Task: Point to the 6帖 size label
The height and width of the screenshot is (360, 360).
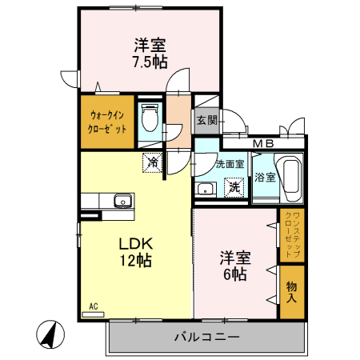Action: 235,274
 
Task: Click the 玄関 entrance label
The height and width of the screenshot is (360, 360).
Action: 206,121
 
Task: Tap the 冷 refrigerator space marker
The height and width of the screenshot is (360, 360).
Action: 152,162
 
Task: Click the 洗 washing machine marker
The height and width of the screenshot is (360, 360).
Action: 234,188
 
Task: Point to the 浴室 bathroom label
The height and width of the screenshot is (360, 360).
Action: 265,177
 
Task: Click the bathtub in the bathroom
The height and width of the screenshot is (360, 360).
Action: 290,177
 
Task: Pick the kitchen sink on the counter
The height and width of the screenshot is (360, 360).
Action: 122,201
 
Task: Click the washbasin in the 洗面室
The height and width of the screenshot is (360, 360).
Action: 205,190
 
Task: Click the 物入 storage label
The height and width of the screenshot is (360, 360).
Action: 292,292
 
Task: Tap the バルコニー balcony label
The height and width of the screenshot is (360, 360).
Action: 206,338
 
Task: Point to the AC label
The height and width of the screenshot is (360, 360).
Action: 93,306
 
